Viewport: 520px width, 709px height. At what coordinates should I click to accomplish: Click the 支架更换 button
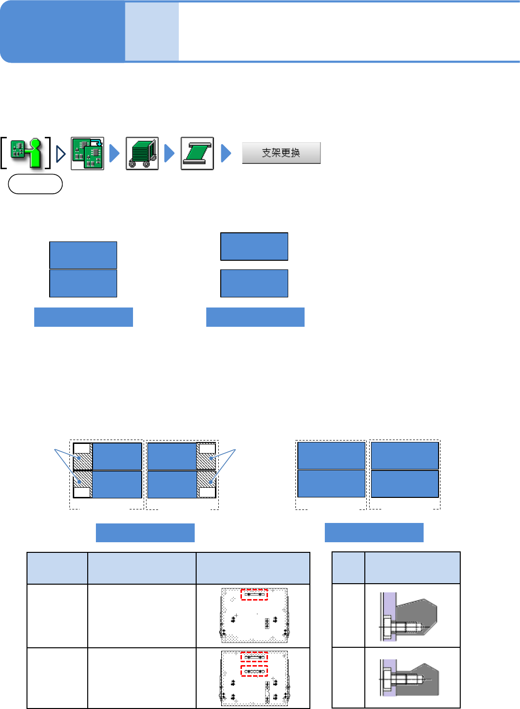click(x=281, y=153)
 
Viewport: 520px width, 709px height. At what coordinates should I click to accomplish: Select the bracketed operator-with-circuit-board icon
click(x=26, y=153)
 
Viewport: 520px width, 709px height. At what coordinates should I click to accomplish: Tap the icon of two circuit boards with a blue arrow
click(x=87, y=153)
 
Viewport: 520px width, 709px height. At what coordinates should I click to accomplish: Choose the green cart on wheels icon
click(x=142, y=153)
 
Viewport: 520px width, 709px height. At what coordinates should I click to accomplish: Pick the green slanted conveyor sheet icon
click(x=197, y=153)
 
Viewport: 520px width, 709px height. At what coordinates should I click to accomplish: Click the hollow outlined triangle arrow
click(x=61, y=154)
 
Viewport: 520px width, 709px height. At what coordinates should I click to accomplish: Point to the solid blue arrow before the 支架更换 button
click(x=226, y=153)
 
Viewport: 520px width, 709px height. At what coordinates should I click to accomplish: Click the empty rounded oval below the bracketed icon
click(x=35, y=184)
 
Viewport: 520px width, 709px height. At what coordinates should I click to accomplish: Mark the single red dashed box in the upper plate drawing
click(x=254, y=594)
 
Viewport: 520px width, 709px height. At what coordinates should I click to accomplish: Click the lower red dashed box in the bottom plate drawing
click(x=254, y=670)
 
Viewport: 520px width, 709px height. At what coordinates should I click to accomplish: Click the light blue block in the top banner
click(x=152, y=31)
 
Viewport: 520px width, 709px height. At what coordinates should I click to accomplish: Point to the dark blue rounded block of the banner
click(x=63, y=31)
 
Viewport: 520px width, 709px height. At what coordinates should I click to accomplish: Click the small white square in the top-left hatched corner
click(x=81, y=449)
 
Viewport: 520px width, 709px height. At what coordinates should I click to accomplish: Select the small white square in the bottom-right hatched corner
click(x=207, y=492)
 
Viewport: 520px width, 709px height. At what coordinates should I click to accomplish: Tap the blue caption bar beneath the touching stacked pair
click(x=83, y=317)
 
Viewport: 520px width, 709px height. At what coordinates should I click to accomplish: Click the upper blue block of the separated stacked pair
click(x=254, y=246)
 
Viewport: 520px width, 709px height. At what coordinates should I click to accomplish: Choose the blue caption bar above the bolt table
click(x=374, y=532)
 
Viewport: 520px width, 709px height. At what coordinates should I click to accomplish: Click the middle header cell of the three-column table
click(x=142, y=568)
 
